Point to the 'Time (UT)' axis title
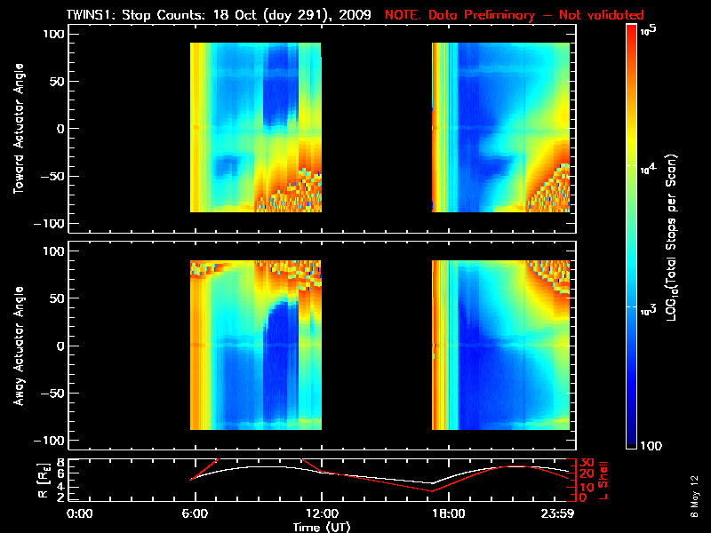click(x=324, y=527)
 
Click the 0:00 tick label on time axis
click(x=80, y=513)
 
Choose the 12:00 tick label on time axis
click(x=321, y=513)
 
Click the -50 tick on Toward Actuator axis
click(x=53, y=176)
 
